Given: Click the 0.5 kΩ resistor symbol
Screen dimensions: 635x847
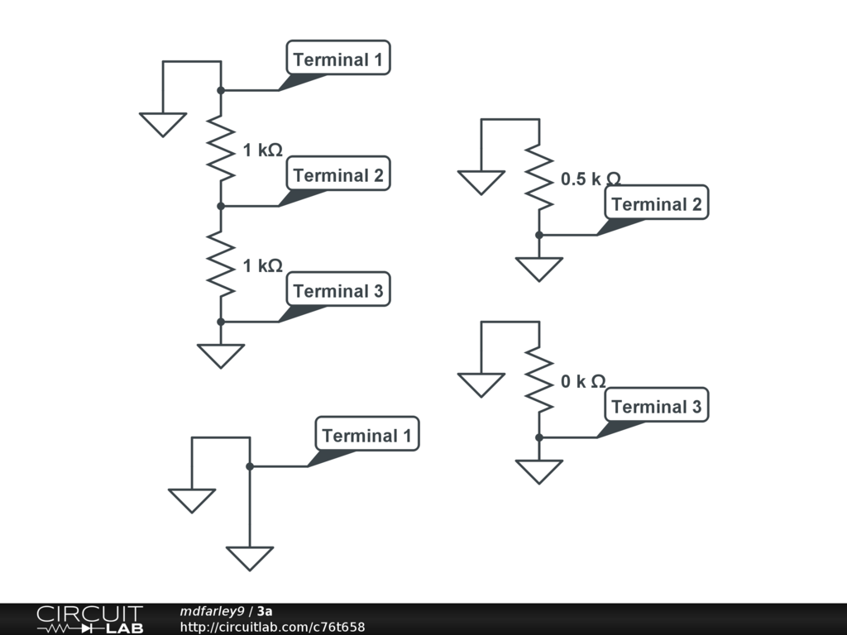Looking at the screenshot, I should (x=538, y=177).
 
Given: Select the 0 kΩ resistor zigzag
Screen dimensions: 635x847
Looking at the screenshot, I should (x=538, y=380).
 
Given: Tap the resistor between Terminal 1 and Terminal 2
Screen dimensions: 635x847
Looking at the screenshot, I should (x=221, y=148).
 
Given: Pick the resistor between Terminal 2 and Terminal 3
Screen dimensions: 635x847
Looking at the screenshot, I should (x=221, y=264).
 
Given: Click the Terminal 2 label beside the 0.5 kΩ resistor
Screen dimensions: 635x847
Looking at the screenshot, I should (x=656, y=203).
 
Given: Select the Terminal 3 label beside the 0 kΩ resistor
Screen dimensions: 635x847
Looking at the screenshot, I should (x=656, y=406).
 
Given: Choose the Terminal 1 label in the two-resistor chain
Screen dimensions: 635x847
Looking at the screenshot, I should (x=338, y=59).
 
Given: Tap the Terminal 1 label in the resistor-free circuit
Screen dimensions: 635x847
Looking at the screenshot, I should (x=366, y=435).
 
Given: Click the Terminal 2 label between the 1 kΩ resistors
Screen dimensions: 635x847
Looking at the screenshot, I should (x=338, y=174).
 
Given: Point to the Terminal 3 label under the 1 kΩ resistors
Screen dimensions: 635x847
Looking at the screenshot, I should (x=338, y=290).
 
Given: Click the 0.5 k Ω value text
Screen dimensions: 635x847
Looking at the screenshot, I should (x=590, y=179).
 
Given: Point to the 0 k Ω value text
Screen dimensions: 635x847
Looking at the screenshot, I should (x=583, y=381).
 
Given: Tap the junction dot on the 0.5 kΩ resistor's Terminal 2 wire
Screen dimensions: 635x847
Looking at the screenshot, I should (x=538, y=235).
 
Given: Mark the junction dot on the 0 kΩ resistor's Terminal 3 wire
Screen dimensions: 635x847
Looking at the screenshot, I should (x=538, y=437).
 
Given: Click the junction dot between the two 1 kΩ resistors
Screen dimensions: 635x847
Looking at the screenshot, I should (x=221, y=206).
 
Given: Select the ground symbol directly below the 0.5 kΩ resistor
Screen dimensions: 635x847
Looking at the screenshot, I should (x=538, y=269).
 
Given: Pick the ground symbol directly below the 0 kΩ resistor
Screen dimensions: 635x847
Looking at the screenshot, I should (x=538, y=471).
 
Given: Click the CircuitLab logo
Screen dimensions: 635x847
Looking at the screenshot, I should (x=89, y=619).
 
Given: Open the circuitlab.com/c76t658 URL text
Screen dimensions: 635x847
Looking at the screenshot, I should (x=272, y=628).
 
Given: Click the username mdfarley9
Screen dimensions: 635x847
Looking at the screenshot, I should (x=212, y=611).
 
